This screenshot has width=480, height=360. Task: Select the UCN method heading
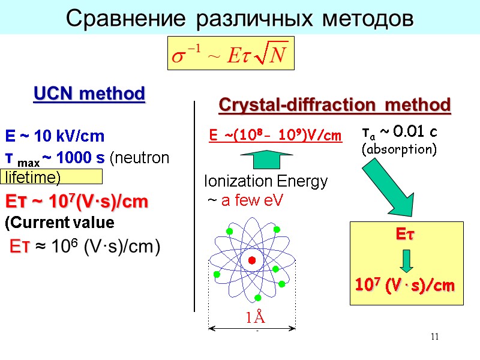point(89,94)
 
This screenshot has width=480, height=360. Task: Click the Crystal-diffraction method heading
point(335,105)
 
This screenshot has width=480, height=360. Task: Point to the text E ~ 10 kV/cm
point(55,136)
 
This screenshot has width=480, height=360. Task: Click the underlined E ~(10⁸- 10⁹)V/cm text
point(275,136)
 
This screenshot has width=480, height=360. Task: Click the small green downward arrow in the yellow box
point(407,261)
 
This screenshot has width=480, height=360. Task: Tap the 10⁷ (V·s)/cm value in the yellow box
point(402,286)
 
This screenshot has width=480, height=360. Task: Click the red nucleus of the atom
point(252,260)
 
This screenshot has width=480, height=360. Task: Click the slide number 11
point(435,337)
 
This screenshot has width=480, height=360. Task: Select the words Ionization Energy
point(266,181)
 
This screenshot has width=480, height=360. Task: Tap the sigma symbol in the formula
point(178,57)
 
